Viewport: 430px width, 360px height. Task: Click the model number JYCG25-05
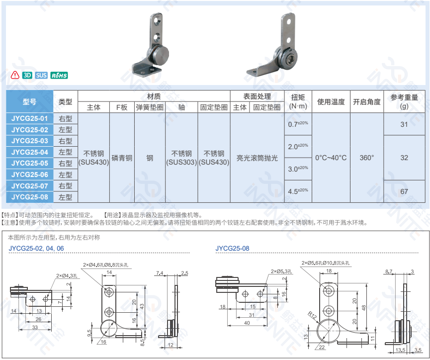click(x=30, y=163)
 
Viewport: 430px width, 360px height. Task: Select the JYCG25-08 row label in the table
click(x=30, y=197)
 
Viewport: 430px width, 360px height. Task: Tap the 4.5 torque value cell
click(x=298, y=191)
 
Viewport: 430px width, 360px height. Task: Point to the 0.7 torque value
click(x=298, y=124)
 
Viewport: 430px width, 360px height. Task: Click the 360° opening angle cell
click(x=367, y=158)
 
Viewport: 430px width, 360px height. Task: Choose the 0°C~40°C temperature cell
click(x=331, y=158)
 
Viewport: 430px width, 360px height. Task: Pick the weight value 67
click(x=404, y=191)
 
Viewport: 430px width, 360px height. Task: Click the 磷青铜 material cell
click(x=122, y=158)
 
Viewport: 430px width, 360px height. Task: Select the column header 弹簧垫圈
click(x=150, y=107)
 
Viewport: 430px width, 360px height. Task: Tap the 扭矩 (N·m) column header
click(x=298, y=101)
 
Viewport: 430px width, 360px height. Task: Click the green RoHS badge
click(x=59, y=75)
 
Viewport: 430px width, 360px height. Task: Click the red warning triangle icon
click(x=15, y=75)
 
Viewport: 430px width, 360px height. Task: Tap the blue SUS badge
click(x=41, y=75)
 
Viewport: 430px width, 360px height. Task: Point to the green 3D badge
click(x=27, y=75)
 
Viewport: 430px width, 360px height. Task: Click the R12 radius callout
click(x=312, y=316)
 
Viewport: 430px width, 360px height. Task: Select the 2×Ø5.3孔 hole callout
click(x=281, y=271)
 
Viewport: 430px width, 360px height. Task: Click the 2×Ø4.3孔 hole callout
click(x=67, y=276)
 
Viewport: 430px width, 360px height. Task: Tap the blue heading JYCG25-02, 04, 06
click(x=36, y=248)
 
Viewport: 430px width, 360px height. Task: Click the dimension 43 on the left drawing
click(x=142, y=306)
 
